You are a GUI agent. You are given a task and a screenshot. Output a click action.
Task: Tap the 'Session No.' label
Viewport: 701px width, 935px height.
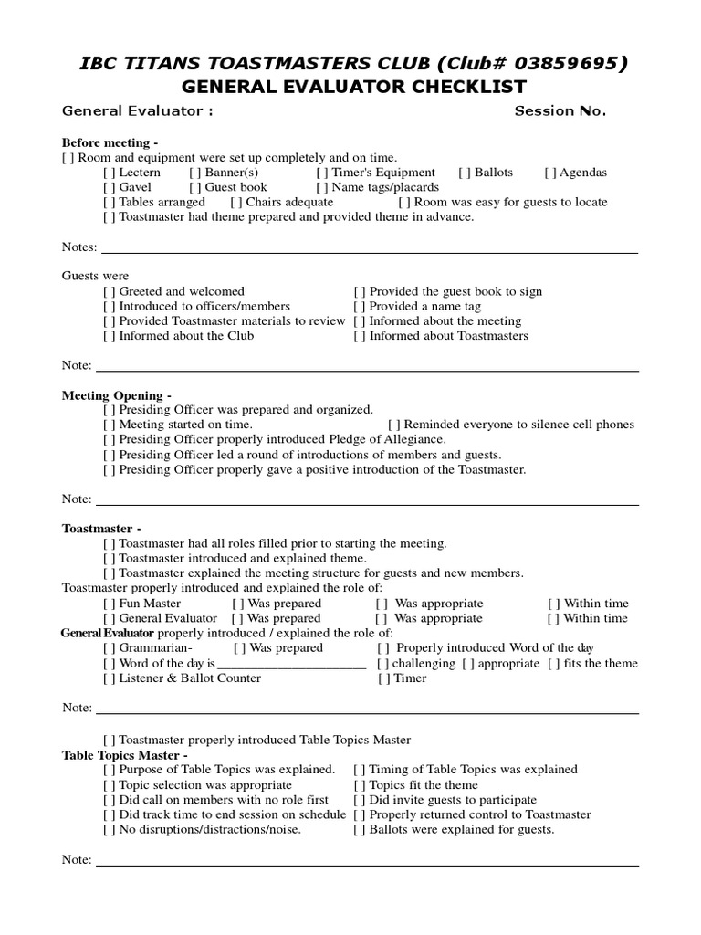(560, 111)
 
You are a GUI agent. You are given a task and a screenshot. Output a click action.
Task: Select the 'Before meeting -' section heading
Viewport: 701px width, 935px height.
(110, 143)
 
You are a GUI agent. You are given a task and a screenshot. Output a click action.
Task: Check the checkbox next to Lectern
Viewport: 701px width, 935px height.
(110, 173)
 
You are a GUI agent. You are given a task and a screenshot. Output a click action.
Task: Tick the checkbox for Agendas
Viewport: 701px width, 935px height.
(550, 173)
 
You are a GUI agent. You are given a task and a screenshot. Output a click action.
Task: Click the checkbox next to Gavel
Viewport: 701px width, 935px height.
(110, 187)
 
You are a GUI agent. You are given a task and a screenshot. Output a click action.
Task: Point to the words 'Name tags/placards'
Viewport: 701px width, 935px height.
(385, 187)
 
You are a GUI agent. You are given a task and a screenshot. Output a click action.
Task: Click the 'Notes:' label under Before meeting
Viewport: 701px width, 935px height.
(79, 247)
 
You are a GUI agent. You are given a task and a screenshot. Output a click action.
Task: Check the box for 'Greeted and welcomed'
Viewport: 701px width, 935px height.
(110, 292)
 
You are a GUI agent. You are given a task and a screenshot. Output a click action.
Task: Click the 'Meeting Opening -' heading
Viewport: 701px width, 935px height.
(116, 395)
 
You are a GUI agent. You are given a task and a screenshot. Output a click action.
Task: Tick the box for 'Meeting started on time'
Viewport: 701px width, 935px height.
(110, 425)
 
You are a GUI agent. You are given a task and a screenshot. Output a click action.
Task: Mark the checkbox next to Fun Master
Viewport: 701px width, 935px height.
(110, 604)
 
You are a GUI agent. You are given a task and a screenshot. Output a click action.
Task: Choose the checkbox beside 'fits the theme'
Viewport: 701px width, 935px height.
(554, 664)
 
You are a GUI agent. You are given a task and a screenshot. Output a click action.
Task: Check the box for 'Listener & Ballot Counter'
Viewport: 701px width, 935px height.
(110, 678)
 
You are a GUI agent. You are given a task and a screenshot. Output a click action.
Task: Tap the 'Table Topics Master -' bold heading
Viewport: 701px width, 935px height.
(125, 755)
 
